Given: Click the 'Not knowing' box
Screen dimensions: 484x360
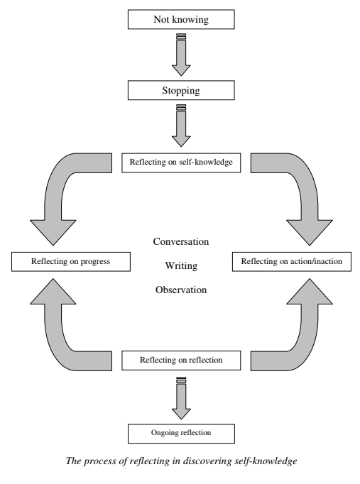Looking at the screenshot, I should click(x=180, y=20).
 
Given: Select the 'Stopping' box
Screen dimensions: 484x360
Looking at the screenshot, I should click(x=180, y=90).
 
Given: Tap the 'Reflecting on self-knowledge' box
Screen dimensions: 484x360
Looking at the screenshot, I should click(x=180, y=163).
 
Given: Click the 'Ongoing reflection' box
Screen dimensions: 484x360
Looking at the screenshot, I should click(x=180, y=431).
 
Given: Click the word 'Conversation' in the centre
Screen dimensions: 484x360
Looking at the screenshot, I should click(x=181, y=241).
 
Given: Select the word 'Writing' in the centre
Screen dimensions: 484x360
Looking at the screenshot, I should click(x=181, y=265).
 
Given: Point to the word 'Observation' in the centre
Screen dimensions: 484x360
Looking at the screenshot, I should click(x=181, y=290).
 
